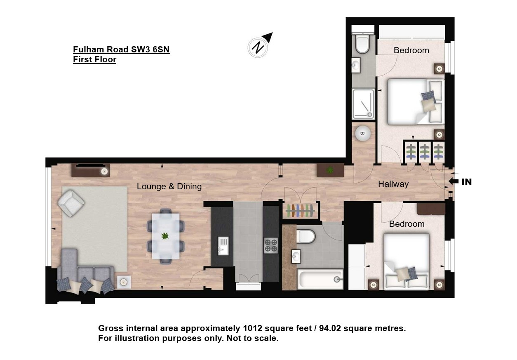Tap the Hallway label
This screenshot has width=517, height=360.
pyautogui.click(x=393, y=184)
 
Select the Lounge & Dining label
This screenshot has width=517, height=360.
pyautogui.click(x=169, y=186)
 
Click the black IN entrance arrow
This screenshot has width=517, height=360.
pyautogui.click(x=454, y=181)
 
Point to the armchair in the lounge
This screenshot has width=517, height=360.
pyautogui.click(x=71, y=203)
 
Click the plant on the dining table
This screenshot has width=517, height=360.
pyautogui.click(x=165, y=236)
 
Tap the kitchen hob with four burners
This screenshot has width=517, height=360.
pyautogui.click(x=271, y=245)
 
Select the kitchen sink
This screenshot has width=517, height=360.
pyautogui.click(x=223, y=246)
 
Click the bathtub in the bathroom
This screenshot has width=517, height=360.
pyautogui.click(x=320, y=280)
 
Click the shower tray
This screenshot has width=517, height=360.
pyautogui.click(x=363, y=104)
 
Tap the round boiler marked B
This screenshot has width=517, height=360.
pyautogui.click(x=362, y=134)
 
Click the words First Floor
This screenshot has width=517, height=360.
pyautogui.click(x=95, y=59)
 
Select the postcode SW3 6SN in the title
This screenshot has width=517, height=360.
pyautogui.click(x=150, y=49)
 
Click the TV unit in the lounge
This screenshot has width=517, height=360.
pyautogui.click(x=90, y=170)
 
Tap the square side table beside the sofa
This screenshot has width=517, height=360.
pyautogui.click(x=124, y=282)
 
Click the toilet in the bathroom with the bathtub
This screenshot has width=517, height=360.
pyautogui.click(x=306, y=236)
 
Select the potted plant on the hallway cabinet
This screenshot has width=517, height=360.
pyautogui.click(x=330, y=170)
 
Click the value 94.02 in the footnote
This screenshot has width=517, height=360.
pyautogui.click(x=330, y=328)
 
